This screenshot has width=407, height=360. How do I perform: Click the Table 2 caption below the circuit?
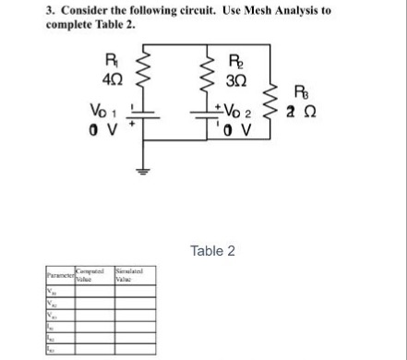[x=212, y=250]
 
